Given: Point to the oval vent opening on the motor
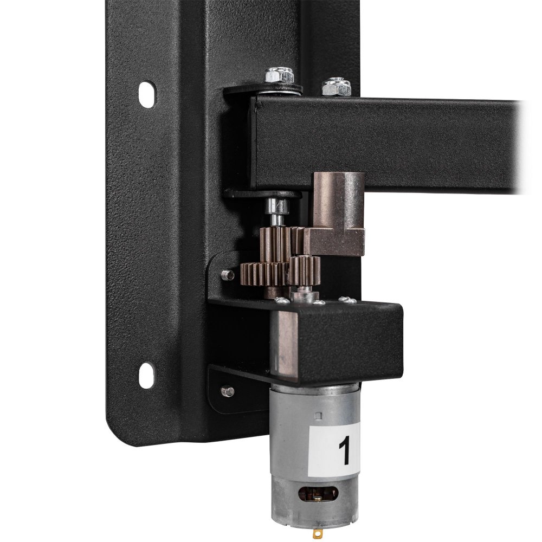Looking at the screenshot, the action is click(318, 494).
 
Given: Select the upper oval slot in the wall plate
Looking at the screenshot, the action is click(146, 94).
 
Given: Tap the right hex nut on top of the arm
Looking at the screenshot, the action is click(337, 87).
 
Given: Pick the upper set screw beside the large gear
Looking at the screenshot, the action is click(228, 275).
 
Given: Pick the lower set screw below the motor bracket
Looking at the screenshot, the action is click(228, 391).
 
